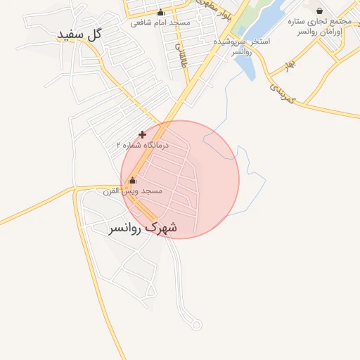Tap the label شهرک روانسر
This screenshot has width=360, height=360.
(x=143, y=228)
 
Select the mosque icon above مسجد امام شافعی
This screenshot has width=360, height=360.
(x=160, y=12)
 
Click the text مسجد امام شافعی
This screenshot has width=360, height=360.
(x=160, y=22)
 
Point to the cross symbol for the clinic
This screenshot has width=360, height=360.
(x=143, y=134)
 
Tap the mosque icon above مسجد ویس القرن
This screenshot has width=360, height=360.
(x=132, y=180)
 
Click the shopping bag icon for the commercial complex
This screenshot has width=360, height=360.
(x=320, y=11)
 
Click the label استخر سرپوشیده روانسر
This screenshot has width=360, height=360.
(x=242, y=47)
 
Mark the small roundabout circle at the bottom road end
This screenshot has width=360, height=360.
(x=196, y=325)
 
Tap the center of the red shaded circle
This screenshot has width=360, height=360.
(x=180, y=179)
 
